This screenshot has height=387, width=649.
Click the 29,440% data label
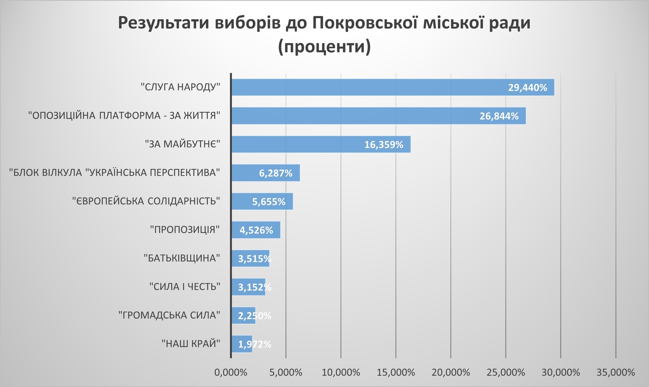(x=527, y=88)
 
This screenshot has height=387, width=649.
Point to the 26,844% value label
(x=499, y=116)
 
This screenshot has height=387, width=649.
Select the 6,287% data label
(x=275, y=173)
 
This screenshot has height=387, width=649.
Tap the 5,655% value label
(x=269, y=202)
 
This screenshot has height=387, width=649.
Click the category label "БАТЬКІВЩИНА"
(x=182, y=258)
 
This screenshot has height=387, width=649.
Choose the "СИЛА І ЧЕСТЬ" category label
(x=185, y=287)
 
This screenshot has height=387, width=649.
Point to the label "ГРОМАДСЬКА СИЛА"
(x=169, y=315)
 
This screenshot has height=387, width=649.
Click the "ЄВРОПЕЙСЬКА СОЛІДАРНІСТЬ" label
(x=146, y=201)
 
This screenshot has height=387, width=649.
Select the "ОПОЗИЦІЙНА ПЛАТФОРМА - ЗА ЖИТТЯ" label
(x=124, y=116)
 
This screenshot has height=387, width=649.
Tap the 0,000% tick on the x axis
(x=231, y=372)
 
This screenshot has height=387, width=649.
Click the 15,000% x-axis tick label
(x=396, y=372)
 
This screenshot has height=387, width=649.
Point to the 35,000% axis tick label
(x=616, y=372)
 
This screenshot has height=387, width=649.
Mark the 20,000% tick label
(x=451, y=372)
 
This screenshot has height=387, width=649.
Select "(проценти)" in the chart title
(x=324, y=47)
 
